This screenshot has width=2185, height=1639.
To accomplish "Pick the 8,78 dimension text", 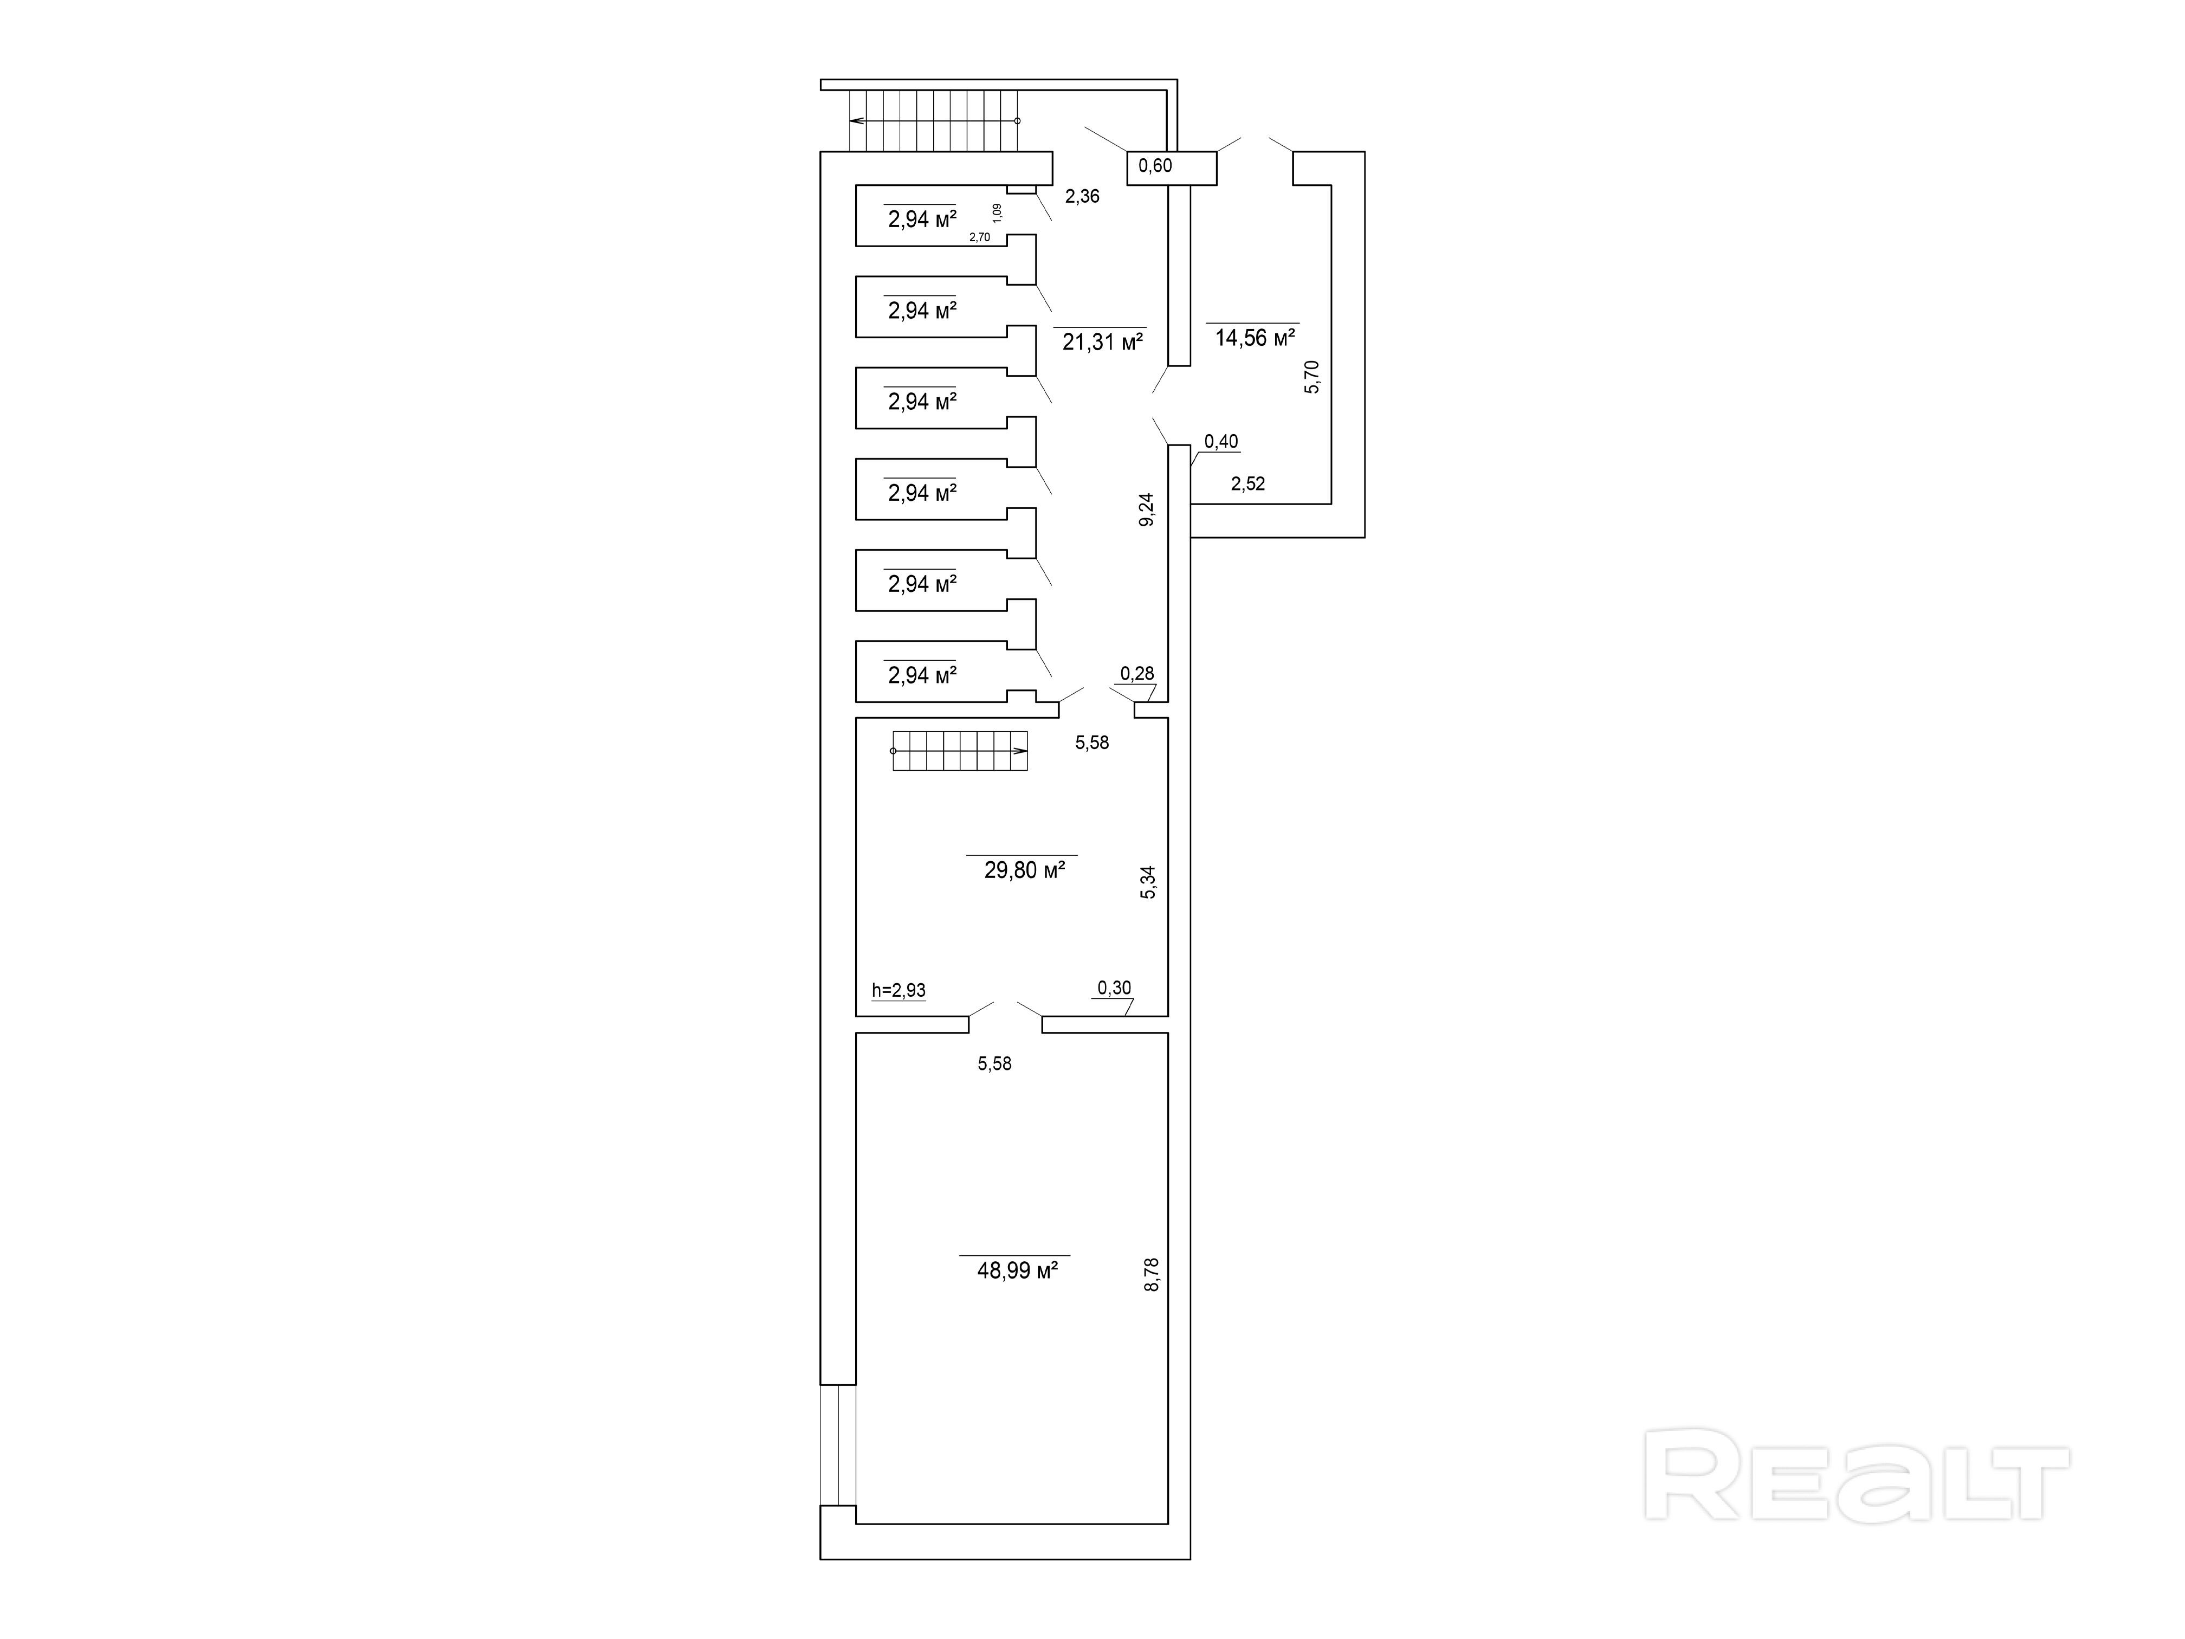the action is (x=1152, y=1274).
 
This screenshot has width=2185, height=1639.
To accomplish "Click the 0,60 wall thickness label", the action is (x=1156, y=166).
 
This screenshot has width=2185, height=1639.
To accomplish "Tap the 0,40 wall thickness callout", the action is (x=1221, y=442).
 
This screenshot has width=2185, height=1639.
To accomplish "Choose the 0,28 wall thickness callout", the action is (x=1137, y=674).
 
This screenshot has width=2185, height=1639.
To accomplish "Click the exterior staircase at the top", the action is (x=934, y=120).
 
